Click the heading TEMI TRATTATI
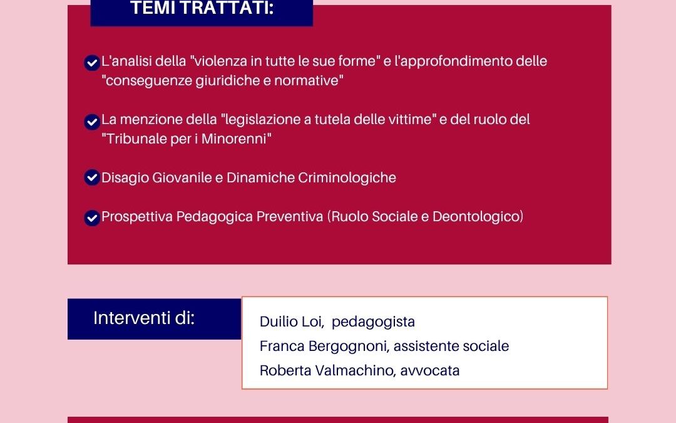point(202,9)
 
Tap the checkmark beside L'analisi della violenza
point(92,63)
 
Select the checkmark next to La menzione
point(92,121)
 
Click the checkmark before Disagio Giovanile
point(92,178)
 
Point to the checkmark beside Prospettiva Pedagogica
point(92,217)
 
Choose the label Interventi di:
point(144,318)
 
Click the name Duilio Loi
point(291,322)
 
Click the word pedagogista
point(373,322)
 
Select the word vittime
point(411,120)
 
